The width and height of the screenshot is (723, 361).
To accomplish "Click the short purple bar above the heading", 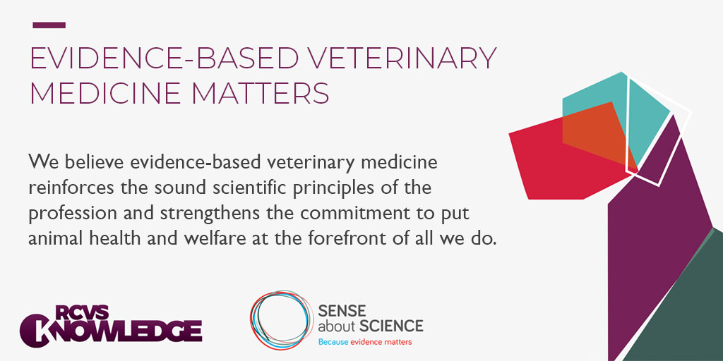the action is (49, 25).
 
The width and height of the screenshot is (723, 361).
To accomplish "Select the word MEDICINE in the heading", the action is (105, 93).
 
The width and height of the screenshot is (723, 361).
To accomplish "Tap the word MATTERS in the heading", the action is (260, 93).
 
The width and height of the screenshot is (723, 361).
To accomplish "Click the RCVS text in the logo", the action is (82, 312).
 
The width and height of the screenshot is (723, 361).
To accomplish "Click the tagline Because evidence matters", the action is (365, 342).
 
